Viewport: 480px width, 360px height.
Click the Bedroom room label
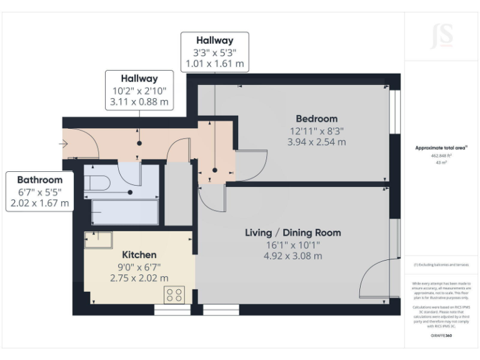click(x=316, y=119)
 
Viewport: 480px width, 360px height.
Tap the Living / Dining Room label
click(x=292, y=232)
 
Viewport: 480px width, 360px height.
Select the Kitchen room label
click(x=139, y=255)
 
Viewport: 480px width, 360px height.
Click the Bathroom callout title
click(x=40, y=180)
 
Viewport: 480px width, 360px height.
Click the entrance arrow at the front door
click(x=64, y=144)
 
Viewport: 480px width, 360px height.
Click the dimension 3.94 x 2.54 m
click(x=316, y=142)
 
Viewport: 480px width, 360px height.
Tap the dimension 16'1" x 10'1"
click(x=292, y=244)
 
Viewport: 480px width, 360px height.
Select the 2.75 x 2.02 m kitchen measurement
click(x=139, y=278)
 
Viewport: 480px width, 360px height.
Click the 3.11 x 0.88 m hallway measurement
click(x=139, y=102)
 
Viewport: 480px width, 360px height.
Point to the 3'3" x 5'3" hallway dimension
click(x=214, y=52)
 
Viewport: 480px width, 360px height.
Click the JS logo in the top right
click(x=442, y=37)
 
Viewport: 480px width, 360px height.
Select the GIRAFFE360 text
click(x=441, y=336)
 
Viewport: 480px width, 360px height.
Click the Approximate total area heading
click(x=441, y=147)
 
